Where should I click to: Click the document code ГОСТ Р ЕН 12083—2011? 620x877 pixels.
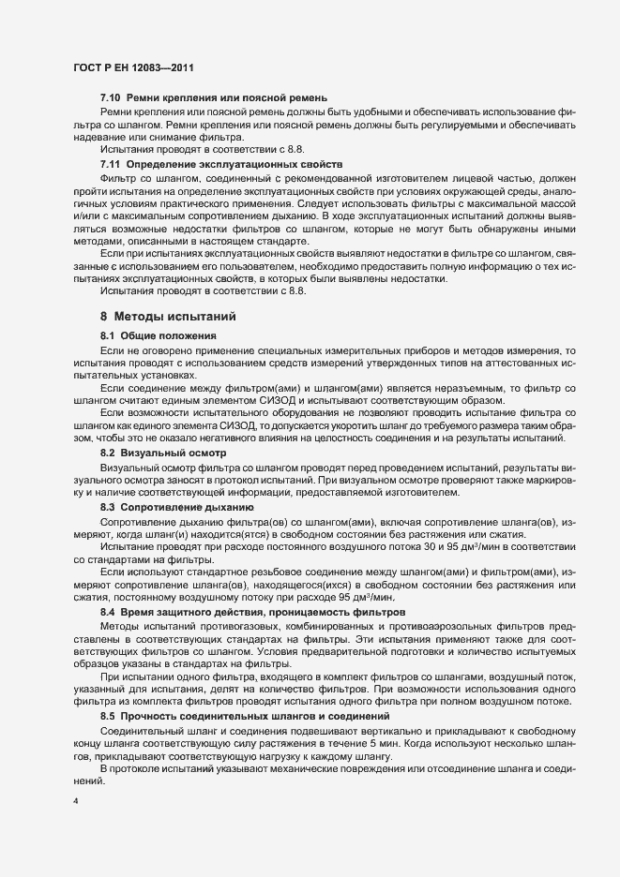coord(133,67)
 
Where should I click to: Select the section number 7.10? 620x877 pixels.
coord(111,97)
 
